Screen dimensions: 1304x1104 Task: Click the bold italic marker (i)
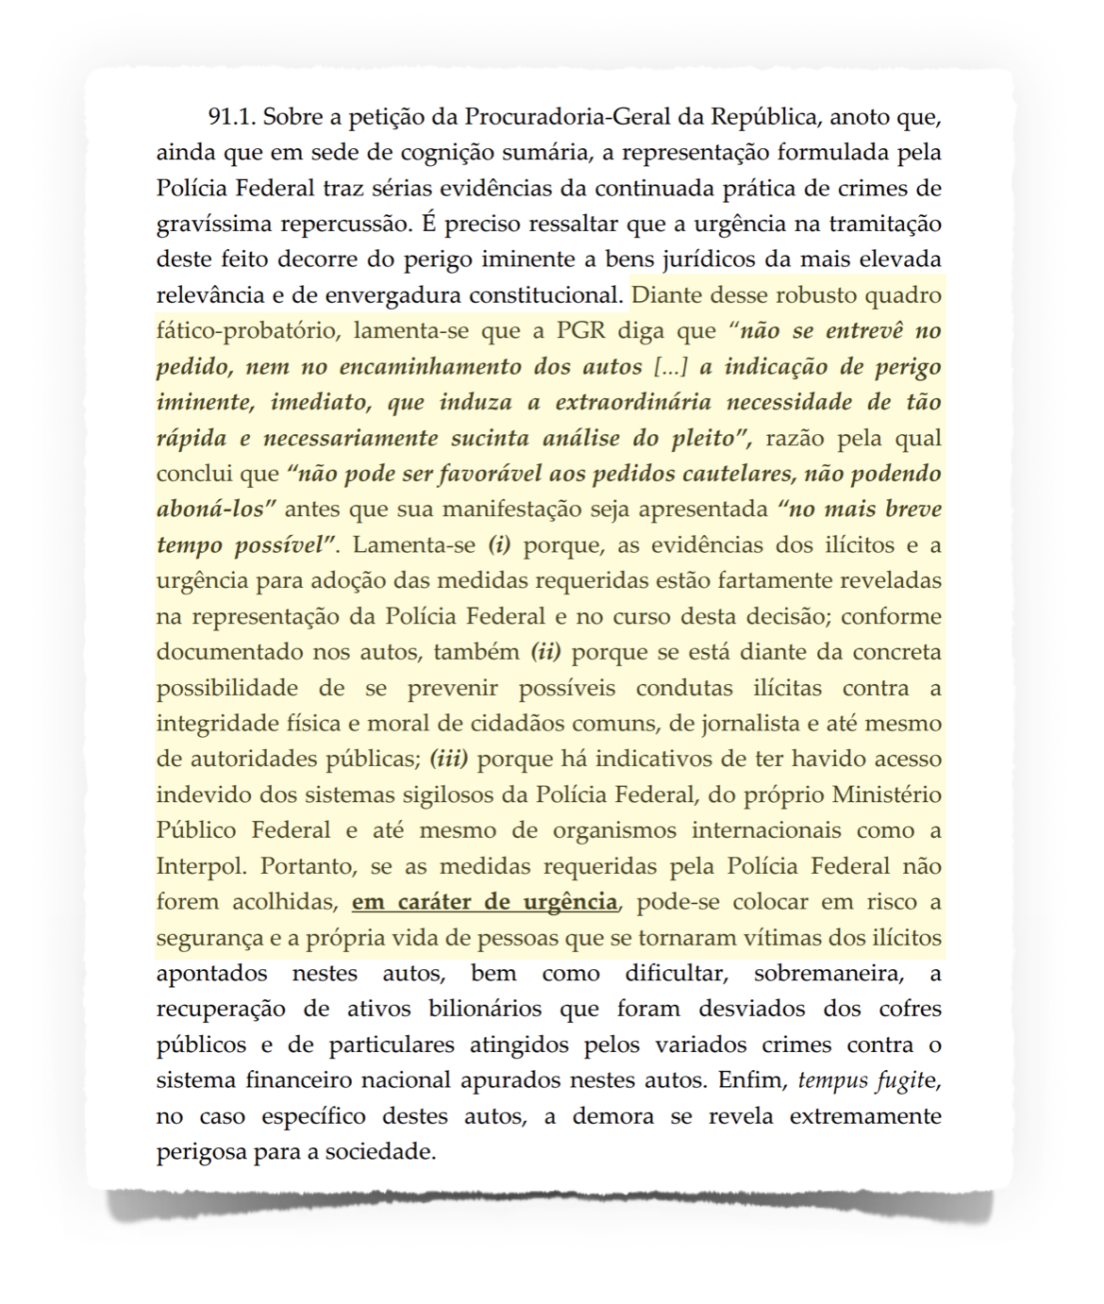(x=499, y=545)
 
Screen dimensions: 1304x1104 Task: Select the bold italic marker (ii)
(x=546, y=652)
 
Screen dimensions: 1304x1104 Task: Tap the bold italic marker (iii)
(x=449, y=760)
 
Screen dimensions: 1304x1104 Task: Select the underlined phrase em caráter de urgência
(x=485, y=902)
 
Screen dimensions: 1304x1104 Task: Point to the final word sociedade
(x=384, y=1152)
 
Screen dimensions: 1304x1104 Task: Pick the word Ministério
(x=886, y=795)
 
